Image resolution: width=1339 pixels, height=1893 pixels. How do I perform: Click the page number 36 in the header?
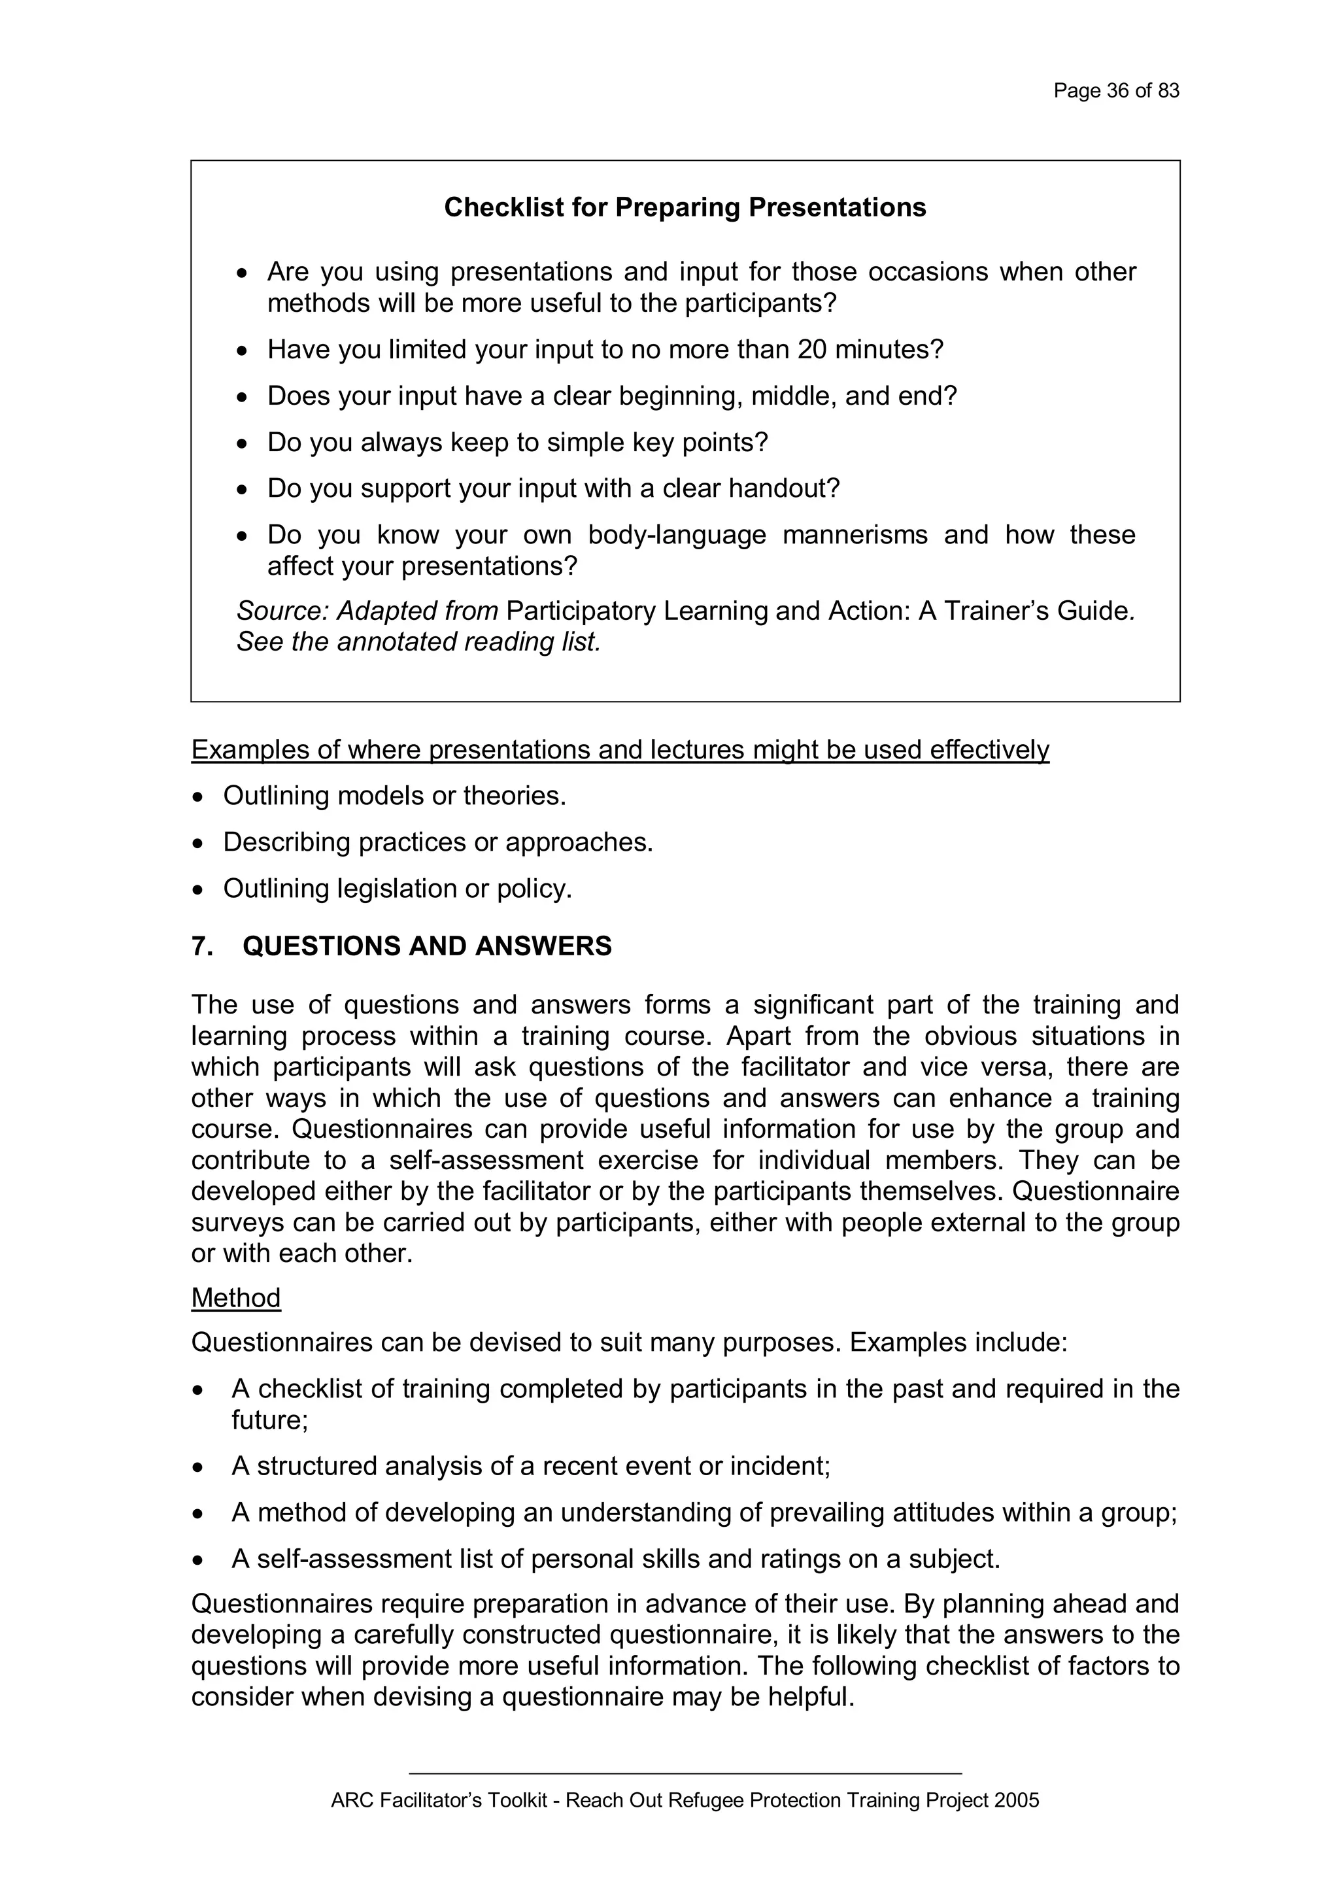point(1117,91)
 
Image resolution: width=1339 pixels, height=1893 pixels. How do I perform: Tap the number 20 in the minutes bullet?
point(812,350)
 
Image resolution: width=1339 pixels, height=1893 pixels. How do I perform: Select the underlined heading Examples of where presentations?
point(619,749)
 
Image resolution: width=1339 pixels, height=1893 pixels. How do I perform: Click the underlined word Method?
point(236,1299)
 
